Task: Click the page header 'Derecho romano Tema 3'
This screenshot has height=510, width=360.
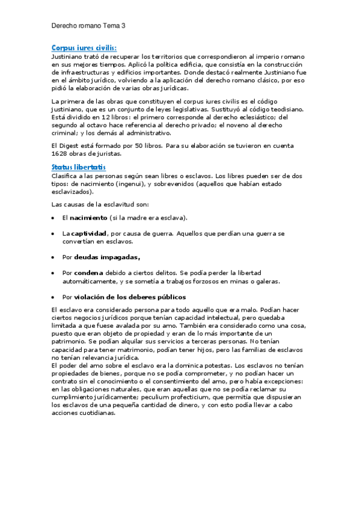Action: point(88,26)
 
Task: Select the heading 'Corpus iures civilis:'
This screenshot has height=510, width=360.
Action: point(84,48)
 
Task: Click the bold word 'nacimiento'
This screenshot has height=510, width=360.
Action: point(89,217)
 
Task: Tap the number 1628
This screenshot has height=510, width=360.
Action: point(60,153)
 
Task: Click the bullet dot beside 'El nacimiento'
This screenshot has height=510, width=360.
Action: point(53,218)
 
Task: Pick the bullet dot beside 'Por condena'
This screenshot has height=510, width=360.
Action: point(53,273)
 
